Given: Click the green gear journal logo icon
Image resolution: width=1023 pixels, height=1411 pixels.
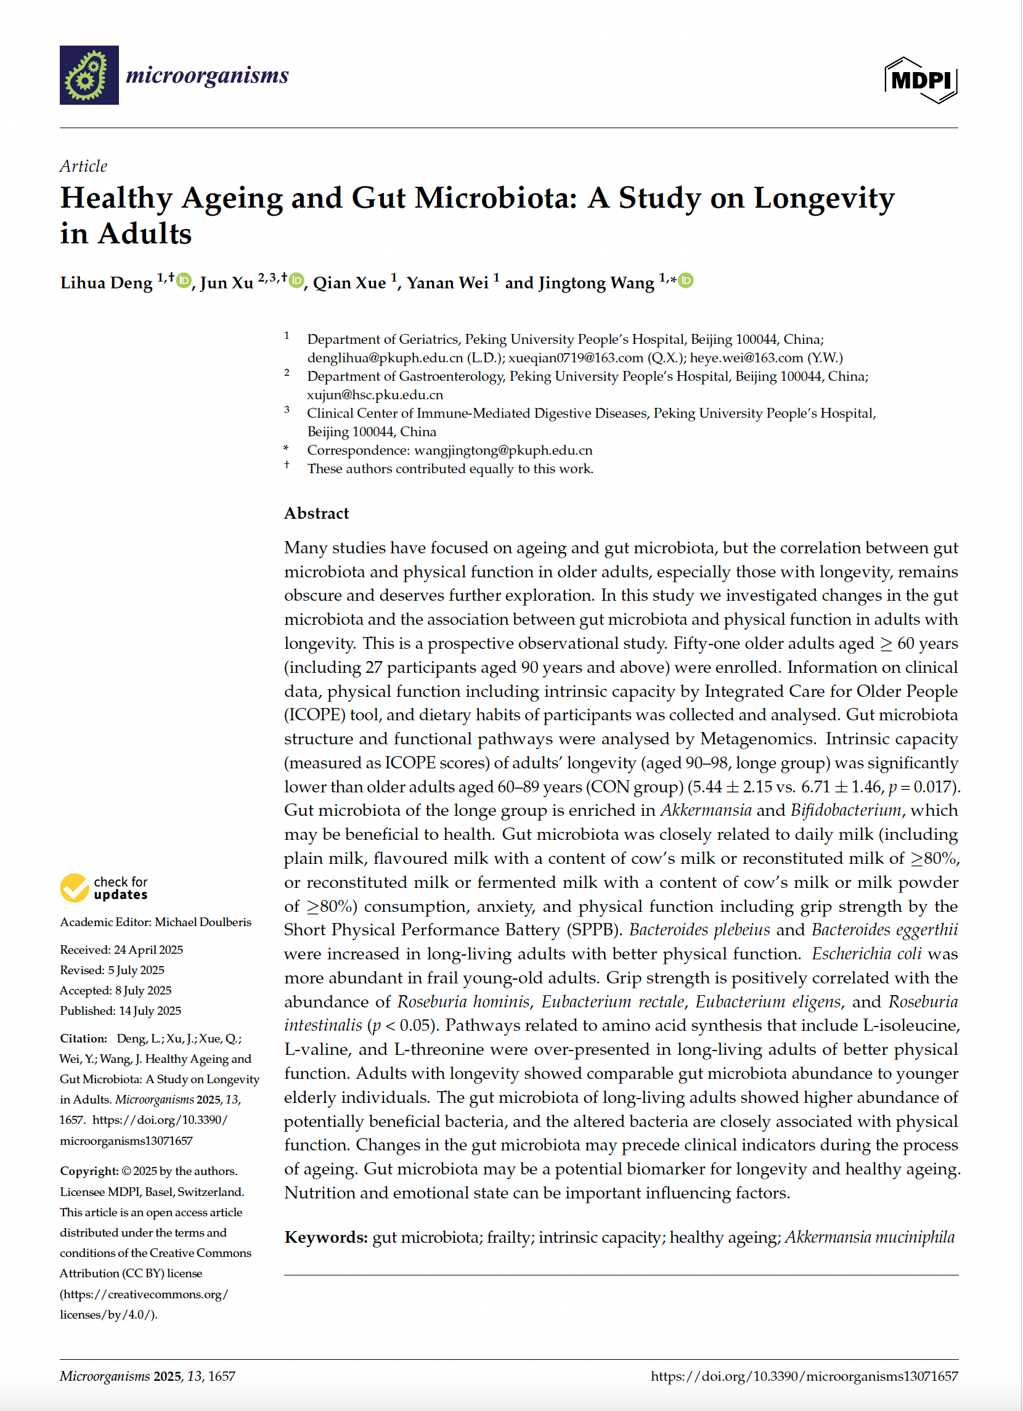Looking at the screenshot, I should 89,75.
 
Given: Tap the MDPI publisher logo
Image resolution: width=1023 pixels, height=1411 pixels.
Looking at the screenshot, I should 920,79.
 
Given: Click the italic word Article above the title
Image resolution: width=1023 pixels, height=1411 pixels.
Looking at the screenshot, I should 83,166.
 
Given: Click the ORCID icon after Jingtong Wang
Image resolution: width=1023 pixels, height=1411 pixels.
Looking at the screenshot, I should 686,280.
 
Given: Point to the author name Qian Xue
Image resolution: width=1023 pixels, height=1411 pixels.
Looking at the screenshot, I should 349,283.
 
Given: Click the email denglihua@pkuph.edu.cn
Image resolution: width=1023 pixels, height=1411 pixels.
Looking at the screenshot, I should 385,358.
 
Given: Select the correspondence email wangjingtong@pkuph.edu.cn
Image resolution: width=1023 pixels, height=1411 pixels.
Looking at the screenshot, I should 503,450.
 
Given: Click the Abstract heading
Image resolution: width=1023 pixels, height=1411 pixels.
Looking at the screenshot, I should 316,513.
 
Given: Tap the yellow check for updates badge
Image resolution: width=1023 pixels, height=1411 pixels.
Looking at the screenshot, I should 104,888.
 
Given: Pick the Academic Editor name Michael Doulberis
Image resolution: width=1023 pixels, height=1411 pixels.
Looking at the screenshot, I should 203,922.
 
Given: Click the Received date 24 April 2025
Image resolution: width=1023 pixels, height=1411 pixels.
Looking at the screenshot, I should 148,949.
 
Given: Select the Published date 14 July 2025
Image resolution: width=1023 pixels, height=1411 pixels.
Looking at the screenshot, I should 150,1010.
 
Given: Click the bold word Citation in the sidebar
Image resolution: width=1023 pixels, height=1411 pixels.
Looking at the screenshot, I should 83,1038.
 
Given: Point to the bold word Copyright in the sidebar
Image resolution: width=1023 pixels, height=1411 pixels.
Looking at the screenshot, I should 88,1171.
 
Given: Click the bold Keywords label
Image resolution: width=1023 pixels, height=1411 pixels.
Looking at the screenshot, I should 326,1237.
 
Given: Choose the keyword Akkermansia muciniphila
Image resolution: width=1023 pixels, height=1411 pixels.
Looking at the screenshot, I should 870,1237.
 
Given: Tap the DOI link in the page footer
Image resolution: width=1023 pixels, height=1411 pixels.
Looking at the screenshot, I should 804,1376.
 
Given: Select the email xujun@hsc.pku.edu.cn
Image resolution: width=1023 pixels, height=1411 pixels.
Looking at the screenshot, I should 375,394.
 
